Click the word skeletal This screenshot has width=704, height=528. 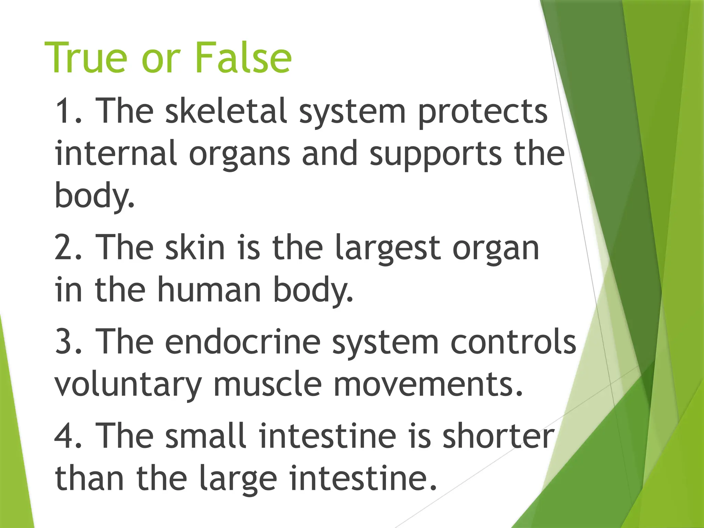[x=226, y=111]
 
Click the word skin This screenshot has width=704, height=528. [x=195, y=247]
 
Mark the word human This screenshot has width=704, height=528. [x=209, y=290]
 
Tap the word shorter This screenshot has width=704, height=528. [x=498, y=436]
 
